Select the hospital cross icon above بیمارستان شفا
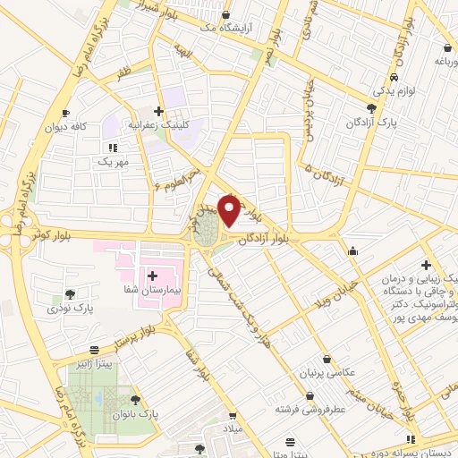pyautogui.click(x=151, y=276)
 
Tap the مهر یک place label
pyautogui.click(x=113, y=163)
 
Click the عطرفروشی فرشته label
pyautogui.click(x=310, y=408)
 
